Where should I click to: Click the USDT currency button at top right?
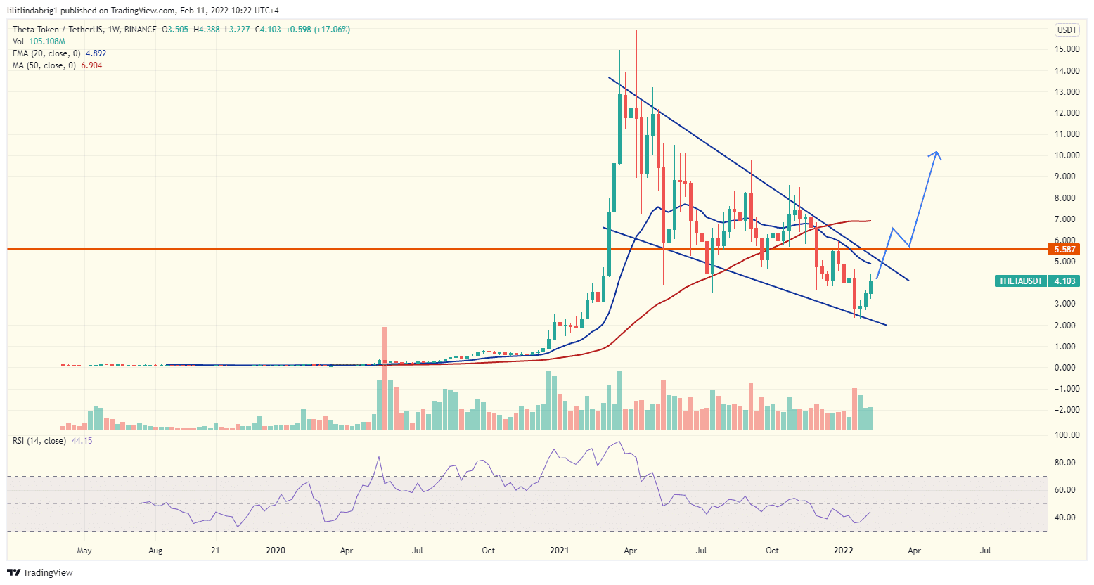1067,30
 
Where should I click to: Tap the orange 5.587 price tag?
1065,249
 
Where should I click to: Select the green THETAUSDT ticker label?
1021,281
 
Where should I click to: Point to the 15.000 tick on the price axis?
1067,49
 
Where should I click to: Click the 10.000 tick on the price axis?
1067,155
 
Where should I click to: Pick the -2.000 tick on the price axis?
1067,410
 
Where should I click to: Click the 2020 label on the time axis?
276,551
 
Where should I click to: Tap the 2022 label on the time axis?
843,551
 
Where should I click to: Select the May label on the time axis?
84,551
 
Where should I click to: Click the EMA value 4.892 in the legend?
96,53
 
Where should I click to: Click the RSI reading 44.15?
82,441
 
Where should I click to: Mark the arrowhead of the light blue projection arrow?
936,154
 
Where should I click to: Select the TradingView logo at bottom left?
41,572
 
